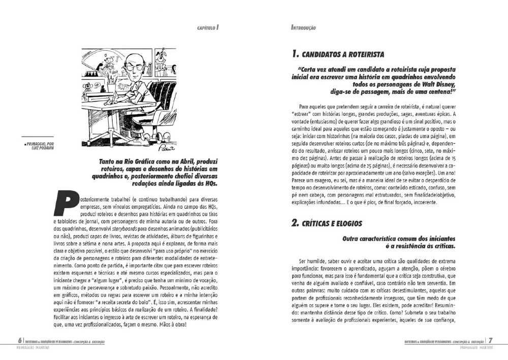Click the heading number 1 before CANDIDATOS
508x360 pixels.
[x=295, y=54]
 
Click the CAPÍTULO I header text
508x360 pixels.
[x=208, y=27]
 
